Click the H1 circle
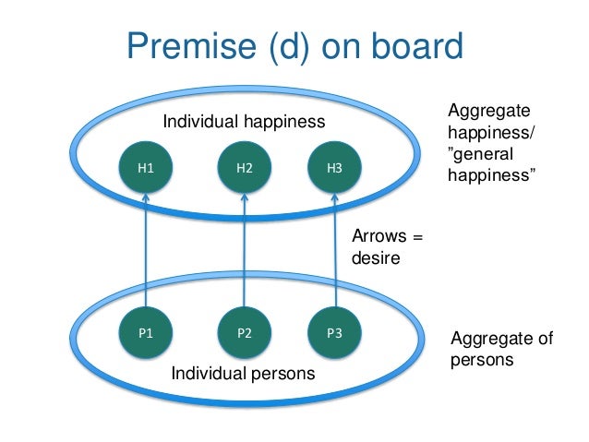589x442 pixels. coord(146,168)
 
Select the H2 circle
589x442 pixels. coord(245,168)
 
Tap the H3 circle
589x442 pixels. coord(334,168)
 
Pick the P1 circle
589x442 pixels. coord(146,333)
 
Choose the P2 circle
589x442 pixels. coord(245,333)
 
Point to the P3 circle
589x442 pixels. coord(334,333)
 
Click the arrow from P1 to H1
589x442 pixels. coord(146,249)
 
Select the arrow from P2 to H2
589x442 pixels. coord(245,249)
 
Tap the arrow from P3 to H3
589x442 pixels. coord(334,249)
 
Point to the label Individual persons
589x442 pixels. coord(244,374)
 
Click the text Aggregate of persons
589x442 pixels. coord(501,349)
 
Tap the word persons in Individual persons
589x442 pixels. coord(282,374)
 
